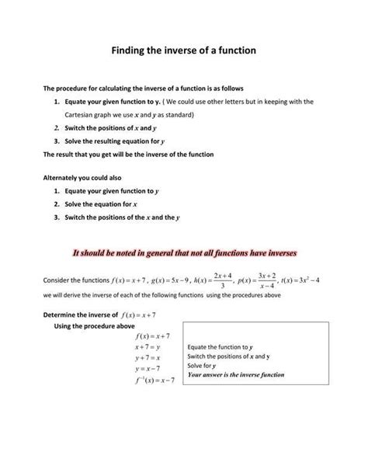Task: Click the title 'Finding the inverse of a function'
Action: pos(183,50)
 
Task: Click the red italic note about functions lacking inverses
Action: pos(184,253)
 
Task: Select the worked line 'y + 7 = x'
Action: pos(147,356)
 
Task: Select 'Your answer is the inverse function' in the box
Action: pos(236,374)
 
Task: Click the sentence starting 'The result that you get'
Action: pos(128,154)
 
